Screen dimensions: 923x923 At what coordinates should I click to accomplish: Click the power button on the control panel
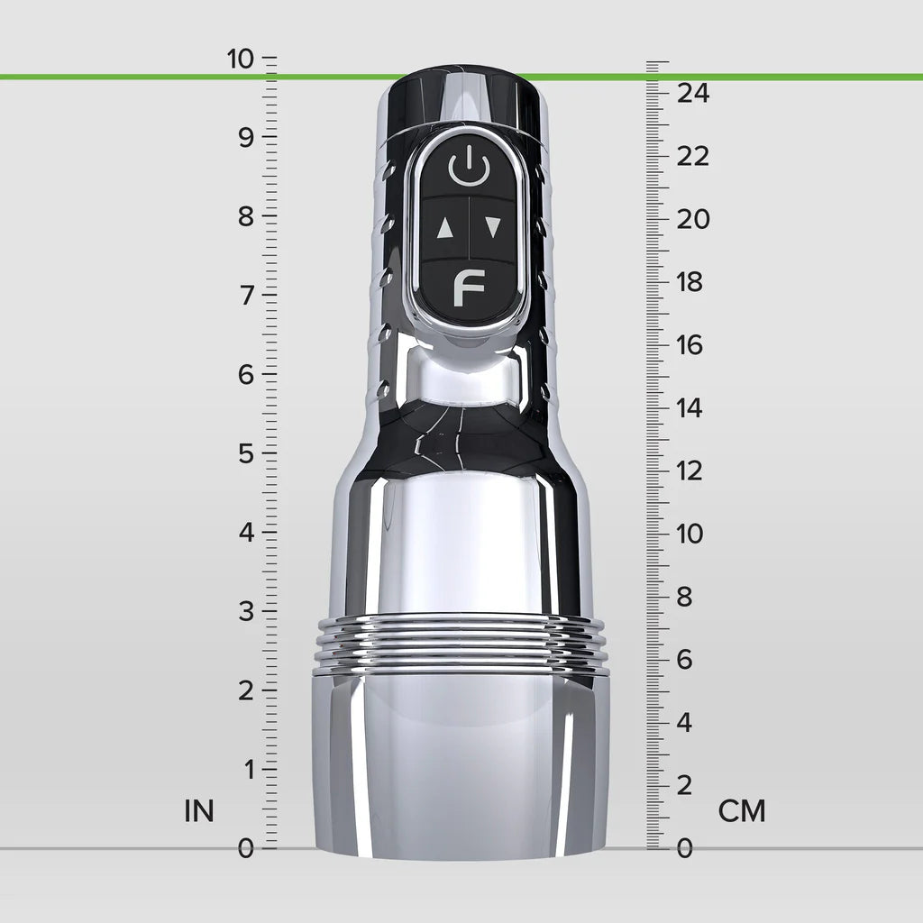tap(469, 169)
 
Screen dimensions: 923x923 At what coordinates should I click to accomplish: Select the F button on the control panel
tap(469, 288)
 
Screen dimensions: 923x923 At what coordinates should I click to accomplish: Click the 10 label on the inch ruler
tap(242, 59)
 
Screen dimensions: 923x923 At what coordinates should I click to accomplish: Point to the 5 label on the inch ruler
tap(246, 454)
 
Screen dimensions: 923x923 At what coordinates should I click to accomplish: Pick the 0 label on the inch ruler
tap(246, 849)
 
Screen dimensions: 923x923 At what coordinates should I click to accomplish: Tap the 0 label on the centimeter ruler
tap(685, 849)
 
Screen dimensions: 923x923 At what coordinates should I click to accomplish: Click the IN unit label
tap(199, 811)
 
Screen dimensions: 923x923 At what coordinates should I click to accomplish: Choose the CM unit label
tap(742, 811)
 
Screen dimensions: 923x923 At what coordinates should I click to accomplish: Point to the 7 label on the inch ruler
tap(246, 296)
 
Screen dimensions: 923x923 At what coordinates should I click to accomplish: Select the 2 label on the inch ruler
tap(246, 691)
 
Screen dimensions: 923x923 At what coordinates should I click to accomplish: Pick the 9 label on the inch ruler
tap(246, 138)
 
